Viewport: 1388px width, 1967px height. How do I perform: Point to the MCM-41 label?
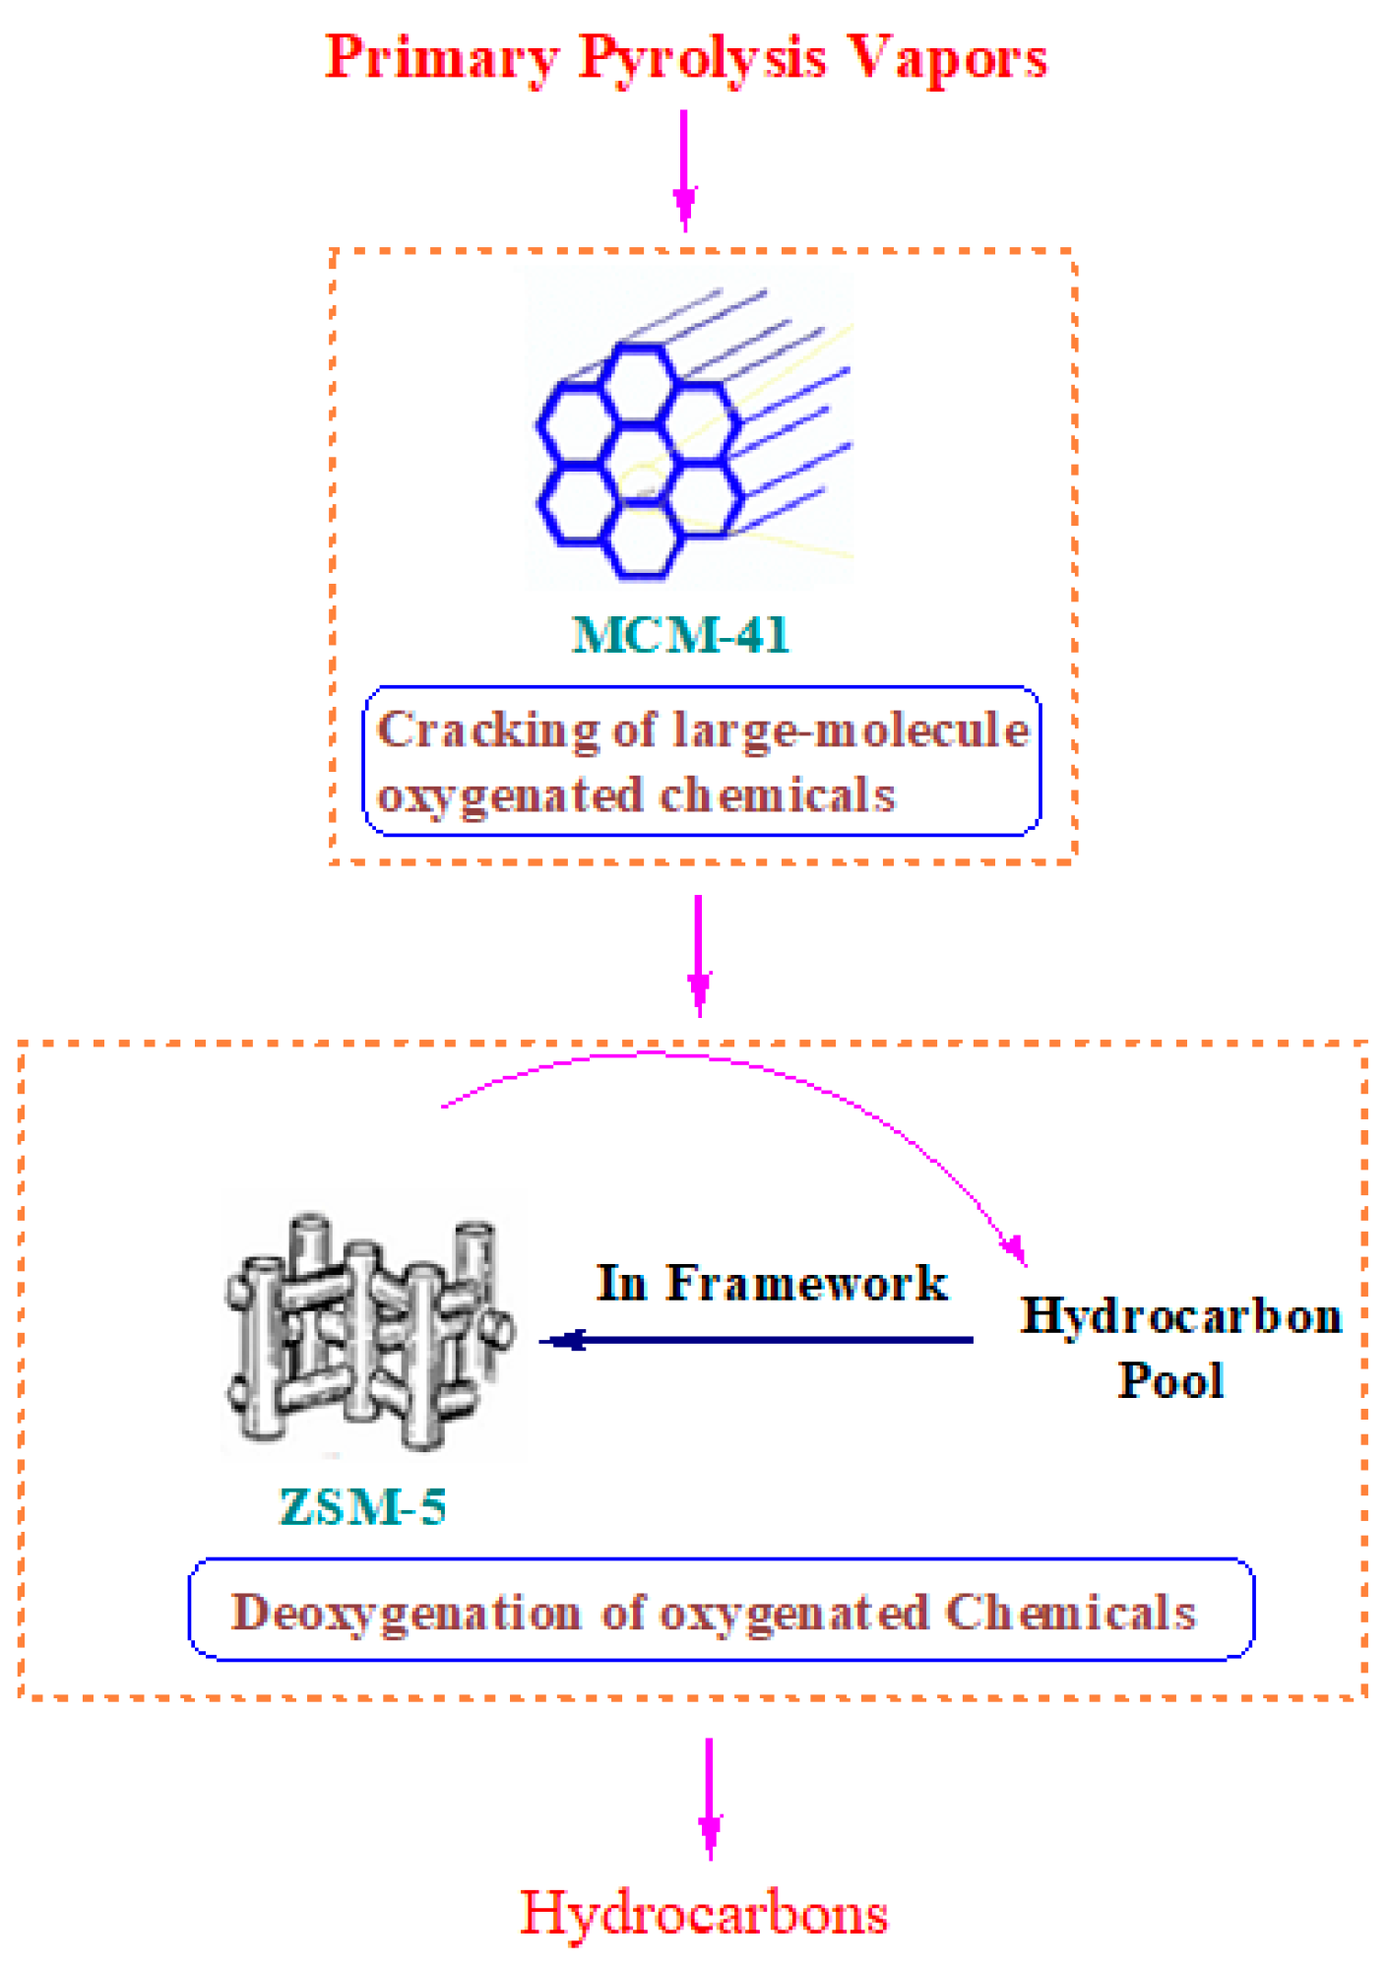click(x=680, y=635)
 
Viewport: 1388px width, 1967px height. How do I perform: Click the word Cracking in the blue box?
click(x=487, y=731)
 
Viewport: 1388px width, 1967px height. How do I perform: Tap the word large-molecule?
click(x=851, y=731)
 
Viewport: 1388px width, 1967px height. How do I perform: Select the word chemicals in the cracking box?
click(x=778, y=795)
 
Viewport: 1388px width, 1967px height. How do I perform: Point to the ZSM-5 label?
click(x=362, y=1506)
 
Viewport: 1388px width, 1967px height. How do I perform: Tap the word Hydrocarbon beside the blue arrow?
click(x=1180, y=1316)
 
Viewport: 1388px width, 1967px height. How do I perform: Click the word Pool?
click(x=1170, y=1380)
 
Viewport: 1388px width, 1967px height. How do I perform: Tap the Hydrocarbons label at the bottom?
click(x=704, y=1913)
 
